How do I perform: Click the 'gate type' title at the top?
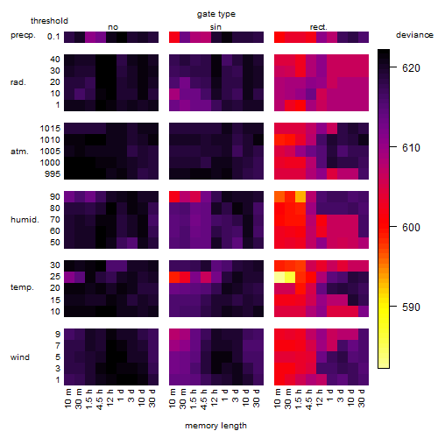216,14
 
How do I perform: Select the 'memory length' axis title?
215,426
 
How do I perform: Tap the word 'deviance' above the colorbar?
414,35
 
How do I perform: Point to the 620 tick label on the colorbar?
411,67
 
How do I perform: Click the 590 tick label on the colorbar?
411,307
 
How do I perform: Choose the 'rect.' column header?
318,27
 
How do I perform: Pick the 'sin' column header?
215,27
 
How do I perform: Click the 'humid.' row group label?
25,220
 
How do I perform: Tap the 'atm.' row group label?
19,152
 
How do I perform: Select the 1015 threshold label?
50,128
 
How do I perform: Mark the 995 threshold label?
53,174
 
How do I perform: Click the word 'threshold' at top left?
49,21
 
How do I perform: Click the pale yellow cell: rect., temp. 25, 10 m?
279,277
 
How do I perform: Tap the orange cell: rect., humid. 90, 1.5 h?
300,197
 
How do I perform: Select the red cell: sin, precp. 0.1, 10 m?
174,37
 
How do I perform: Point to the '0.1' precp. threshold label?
53,37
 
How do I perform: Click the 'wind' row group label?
20,357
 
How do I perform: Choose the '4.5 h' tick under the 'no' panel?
99,399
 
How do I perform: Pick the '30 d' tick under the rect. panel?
362,398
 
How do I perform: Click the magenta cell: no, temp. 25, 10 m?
69,277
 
